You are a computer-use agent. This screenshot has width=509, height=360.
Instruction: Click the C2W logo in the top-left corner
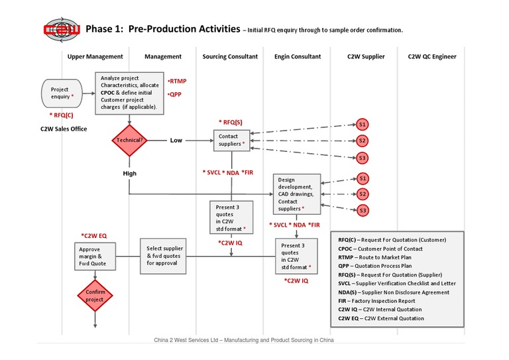point(62,29)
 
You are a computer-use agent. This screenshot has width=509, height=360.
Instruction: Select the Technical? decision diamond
point(129,141)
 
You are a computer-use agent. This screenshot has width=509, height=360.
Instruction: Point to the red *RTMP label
point(177,81)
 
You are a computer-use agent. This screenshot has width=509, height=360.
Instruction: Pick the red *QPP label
point(175,94)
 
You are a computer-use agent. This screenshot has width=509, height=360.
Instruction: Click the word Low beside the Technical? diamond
point(176,141)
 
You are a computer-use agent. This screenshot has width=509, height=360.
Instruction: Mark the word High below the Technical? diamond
point(129,173)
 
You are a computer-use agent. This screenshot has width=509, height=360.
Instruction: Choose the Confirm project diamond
point(94,295)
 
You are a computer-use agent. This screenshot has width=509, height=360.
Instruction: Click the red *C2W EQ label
point(94,235)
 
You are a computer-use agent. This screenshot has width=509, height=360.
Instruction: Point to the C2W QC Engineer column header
point(431,57)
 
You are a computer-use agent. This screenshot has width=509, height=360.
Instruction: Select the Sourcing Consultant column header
point(230,57)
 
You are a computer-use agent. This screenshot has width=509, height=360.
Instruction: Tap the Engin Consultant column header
point(298,57)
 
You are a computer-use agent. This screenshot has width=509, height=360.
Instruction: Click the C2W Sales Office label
point(64,129)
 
